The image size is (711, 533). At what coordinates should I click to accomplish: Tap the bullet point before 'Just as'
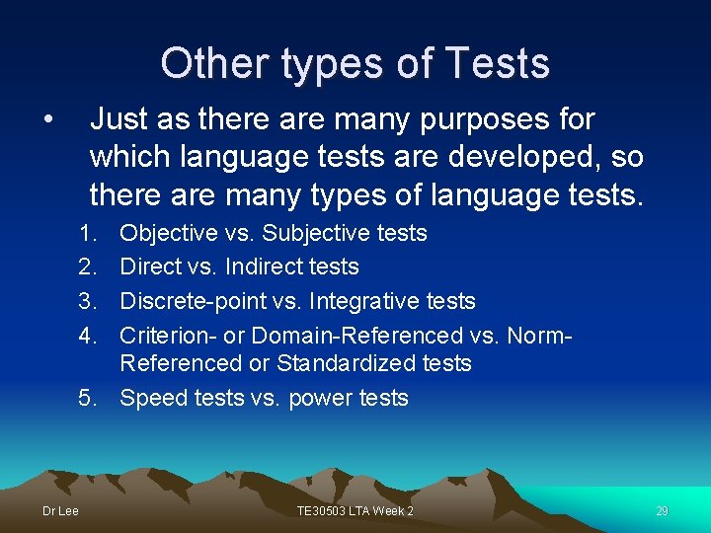[47, 120]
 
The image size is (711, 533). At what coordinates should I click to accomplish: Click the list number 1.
[88, 233]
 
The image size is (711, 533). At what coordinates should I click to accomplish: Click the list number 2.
[88, 266]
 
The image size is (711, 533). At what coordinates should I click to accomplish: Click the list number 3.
[88, 301]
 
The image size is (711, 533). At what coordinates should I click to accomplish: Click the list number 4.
[88, 336]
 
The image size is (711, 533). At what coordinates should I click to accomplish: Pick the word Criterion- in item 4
[168, 336]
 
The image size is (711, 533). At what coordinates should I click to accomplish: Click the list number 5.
[88, 398]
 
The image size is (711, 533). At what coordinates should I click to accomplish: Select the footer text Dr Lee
[60, 510]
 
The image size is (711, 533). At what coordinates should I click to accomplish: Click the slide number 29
[662, 510]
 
